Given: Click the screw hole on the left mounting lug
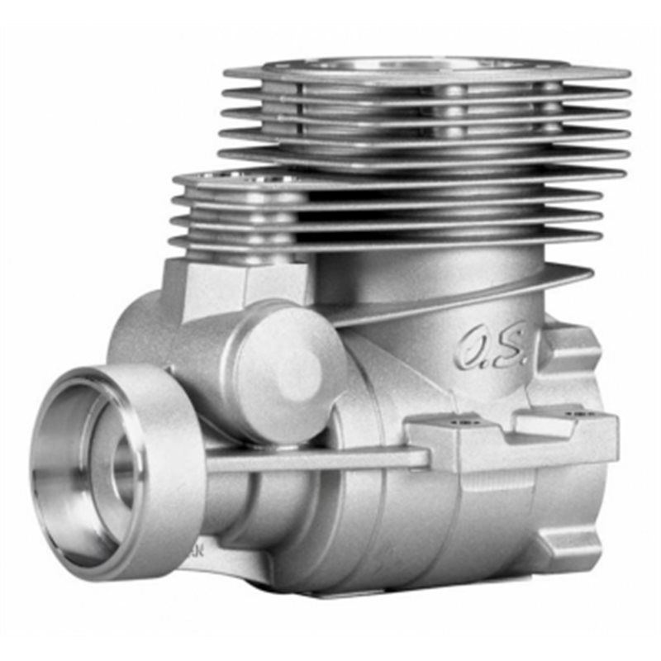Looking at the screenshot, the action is point(462,421).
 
